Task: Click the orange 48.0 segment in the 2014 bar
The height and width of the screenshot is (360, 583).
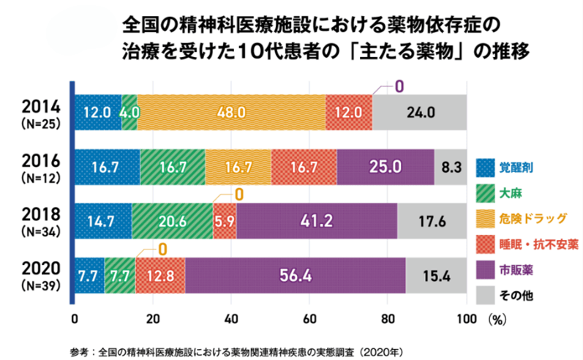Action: click(x=230, y=113)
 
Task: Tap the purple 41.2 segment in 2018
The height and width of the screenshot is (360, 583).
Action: click(x=316, y=220)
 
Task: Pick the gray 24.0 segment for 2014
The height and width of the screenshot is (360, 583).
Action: click(x=419, y=113)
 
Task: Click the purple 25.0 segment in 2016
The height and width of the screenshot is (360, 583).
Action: click(x=385, y=167)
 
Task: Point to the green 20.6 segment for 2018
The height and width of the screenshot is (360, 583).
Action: click(x=172, y=220)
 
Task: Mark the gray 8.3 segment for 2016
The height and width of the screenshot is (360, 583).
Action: click(x=450, y=167)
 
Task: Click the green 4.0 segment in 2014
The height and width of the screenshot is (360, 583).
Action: click(x=129, y=113)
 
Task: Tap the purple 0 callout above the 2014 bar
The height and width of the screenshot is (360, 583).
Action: click(x=399, y=86)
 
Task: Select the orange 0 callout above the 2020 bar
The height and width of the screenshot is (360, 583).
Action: click(x=162, y=250)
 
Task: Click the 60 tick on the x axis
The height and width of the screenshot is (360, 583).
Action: click(x=309, y=318)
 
